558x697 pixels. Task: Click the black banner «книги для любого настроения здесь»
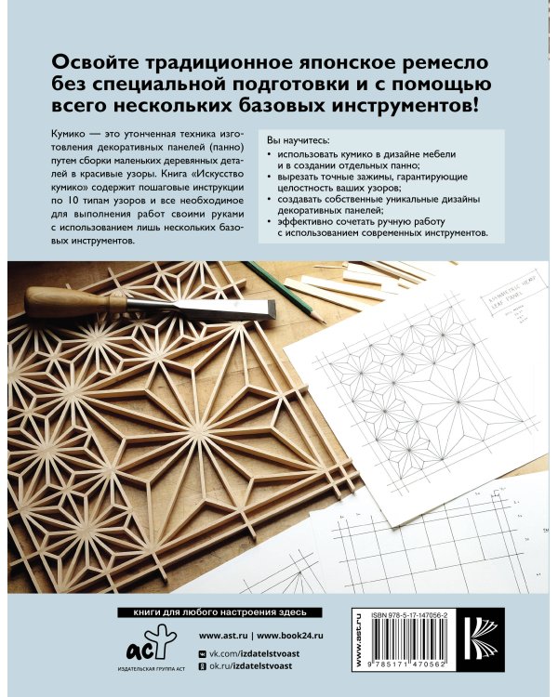pyautogui.click(x=215, y=612)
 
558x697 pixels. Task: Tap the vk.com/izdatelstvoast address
pyautogui.click(x=271, y=655)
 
